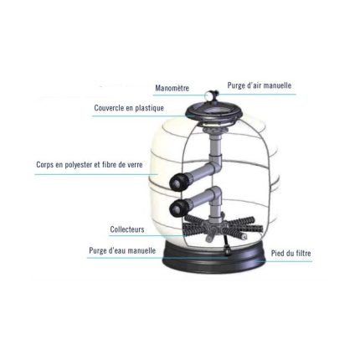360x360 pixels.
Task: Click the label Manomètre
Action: coord(172,88)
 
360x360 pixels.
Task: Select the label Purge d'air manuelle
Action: coord(260,85)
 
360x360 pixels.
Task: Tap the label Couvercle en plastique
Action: coord(129,108)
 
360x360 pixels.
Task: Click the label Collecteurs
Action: coord(127,229)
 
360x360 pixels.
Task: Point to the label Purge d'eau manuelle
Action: coord(122,250)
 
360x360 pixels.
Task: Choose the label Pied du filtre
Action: coord(291,254)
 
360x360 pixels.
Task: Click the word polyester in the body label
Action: coord(79,165)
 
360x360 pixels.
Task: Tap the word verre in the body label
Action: coord(134,165)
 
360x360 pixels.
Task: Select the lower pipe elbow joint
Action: coord(216,195)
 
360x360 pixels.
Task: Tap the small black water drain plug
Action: coord(228,253)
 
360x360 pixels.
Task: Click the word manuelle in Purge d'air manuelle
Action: coord(277,85)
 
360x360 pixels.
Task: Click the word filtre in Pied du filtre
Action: coord(302,254)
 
